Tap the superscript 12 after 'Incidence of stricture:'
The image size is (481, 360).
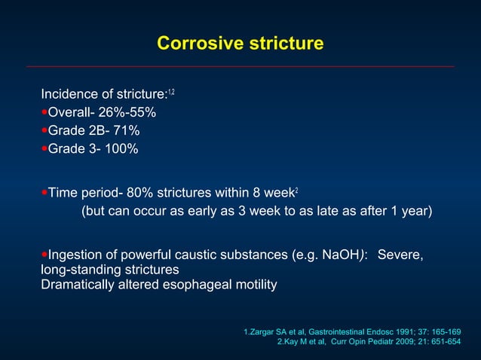(171, 92)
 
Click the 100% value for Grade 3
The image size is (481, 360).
(121, 148)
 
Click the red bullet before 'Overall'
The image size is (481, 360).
(44, 112)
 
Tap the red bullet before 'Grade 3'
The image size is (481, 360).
(44, 148)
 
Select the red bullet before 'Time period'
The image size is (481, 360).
(44, 193)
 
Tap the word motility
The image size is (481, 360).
(251, 285)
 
